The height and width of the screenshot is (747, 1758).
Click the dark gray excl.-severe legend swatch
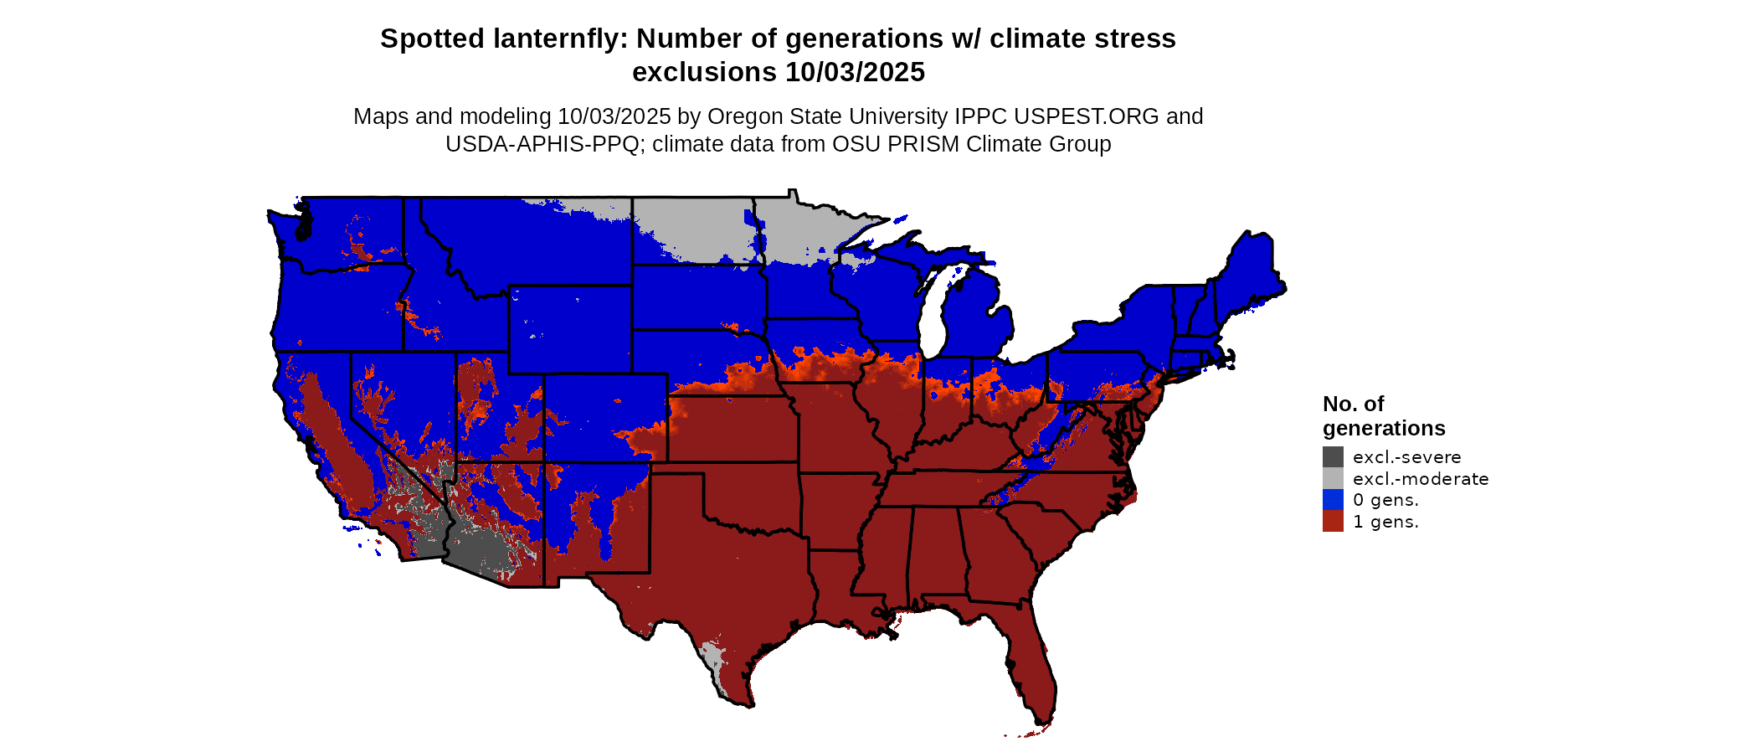click(1333, 457)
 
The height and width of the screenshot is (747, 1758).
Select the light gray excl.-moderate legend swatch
click(1333, 479)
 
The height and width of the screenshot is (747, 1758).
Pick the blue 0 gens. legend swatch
click(1333, 500)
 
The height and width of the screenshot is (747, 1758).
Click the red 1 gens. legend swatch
click(1333, 522)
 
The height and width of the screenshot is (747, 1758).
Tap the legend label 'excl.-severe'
click(1406, 457)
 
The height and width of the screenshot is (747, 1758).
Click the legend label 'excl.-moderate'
click(1421, 479)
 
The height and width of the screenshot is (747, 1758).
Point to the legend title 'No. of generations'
click(1383, 416)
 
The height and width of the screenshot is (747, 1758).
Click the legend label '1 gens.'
click(1385, 522)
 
